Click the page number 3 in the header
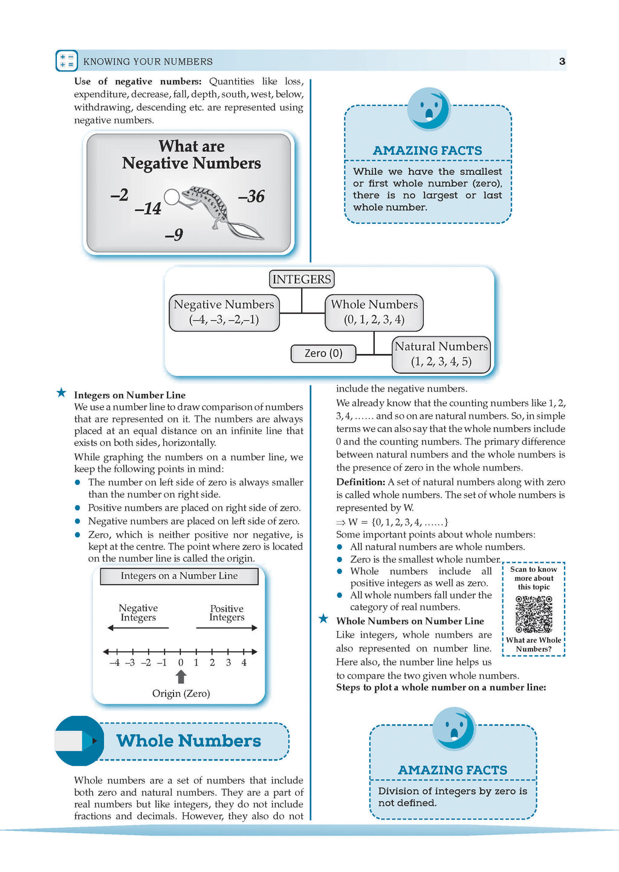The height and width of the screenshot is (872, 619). (562, 61)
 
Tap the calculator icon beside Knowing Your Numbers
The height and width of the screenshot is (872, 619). (66, 61)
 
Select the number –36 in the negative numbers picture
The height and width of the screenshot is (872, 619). (251, 196)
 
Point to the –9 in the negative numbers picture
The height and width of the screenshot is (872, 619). (174, 234)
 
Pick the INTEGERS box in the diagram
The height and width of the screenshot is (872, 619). (302, 279)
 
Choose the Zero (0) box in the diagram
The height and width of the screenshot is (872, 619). (323, 353)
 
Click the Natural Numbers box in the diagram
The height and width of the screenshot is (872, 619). (441, 355)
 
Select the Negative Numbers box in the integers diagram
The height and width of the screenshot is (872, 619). (224, 313)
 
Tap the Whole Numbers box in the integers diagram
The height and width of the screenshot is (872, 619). (374, 313)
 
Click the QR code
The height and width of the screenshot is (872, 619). (534, 614)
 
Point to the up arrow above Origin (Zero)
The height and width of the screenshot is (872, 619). (181, 677)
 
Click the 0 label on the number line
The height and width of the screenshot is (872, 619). (180, 663)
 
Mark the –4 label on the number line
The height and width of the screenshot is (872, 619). (115, 663)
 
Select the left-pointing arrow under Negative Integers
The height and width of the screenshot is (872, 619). (138, 628)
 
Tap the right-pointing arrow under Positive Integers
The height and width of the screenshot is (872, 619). (227, 628)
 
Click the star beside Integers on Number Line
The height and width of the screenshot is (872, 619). (62, 392)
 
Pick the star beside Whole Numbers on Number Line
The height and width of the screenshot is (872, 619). (323, 618)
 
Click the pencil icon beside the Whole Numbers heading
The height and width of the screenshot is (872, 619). (78, 741)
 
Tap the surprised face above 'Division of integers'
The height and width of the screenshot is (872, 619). (454, 729)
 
